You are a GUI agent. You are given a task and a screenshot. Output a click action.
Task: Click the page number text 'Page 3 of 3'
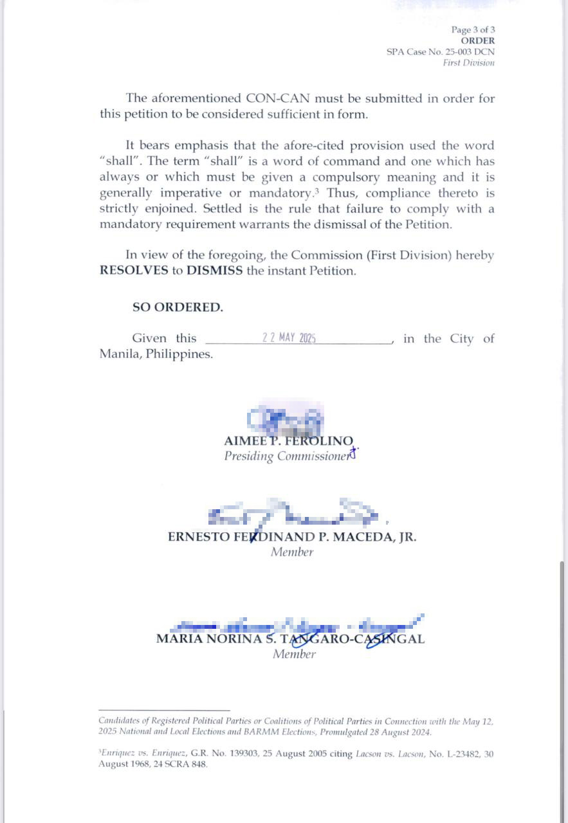coord(473,30)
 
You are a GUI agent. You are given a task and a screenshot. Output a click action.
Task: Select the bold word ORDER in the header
coord(478,41)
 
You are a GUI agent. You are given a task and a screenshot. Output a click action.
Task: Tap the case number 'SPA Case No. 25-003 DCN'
coord(441,51)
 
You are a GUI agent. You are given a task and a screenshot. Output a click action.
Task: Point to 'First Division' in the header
coord(468,62)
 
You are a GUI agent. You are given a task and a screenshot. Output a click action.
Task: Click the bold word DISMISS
coord(215,271)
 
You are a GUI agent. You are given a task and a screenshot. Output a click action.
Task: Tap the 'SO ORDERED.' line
coord(178,307)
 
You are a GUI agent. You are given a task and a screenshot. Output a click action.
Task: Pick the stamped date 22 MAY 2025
coord(289,338)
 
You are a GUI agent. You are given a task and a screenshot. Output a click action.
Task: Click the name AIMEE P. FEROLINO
coord(288,441)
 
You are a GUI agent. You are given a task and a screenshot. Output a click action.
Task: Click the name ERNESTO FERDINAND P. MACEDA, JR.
coord(292,537)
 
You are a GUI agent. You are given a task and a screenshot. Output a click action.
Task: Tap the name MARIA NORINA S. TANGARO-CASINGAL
coord(290,639)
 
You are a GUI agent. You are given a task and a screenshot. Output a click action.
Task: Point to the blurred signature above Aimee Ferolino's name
coord(286,420)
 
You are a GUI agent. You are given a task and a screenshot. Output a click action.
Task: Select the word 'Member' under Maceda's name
coord(292,552)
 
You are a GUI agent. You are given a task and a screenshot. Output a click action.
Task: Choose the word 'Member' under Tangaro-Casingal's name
coord(294,655)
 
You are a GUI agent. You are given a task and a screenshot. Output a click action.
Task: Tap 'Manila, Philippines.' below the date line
coord(156,354)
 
